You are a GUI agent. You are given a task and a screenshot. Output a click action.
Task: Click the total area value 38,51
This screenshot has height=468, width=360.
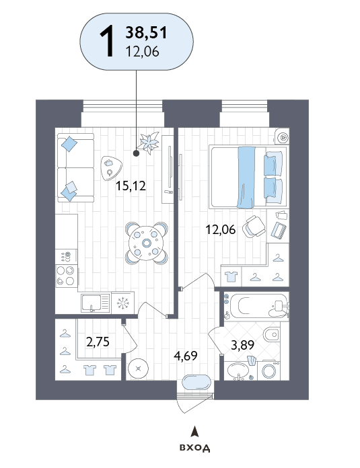pos(146,32)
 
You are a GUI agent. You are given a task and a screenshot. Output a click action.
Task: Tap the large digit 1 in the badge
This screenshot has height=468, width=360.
pos(107,41)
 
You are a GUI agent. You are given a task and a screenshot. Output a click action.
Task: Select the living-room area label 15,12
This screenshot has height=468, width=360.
pos(131,186)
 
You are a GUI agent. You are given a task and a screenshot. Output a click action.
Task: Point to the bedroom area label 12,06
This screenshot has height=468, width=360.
pos(221,229)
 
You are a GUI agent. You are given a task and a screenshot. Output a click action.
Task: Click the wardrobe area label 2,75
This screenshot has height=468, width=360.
pos(98,342)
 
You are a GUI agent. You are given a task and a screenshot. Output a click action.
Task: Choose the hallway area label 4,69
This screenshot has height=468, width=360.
pos(186,356)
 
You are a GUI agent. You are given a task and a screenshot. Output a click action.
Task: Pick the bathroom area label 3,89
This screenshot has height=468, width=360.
pos(243,345)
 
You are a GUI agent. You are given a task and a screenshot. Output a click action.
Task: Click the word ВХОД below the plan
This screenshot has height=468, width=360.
pos(194,448)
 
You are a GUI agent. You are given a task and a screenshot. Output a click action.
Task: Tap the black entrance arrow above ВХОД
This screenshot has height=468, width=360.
pos(194,432)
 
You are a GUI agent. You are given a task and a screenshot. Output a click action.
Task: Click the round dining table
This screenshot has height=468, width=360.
pos(147,243)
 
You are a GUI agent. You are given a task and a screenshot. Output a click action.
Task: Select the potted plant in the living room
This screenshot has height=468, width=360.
pos(149,143)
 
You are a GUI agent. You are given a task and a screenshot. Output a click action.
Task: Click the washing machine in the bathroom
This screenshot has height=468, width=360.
pos(269,370)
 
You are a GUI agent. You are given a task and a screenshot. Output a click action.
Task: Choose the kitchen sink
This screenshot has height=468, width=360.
pos(96,303)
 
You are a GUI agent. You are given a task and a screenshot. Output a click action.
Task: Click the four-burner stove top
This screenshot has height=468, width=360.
pos(67,276)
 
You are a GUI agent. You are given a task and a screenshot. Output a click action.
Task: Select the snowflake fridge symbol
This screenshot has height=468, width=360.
pos(122,303)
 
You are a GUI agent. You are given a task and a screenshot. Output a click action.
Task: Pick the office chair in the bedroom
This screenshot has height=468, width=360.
pos(254,227)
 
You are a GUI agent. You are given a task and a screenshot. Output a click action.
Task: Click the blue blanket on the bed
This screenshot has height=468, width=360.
pos(246,178)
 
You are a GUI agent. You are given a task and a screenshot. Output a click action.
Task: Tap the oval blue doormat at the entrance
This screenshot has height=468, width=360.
pos(197,383)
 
